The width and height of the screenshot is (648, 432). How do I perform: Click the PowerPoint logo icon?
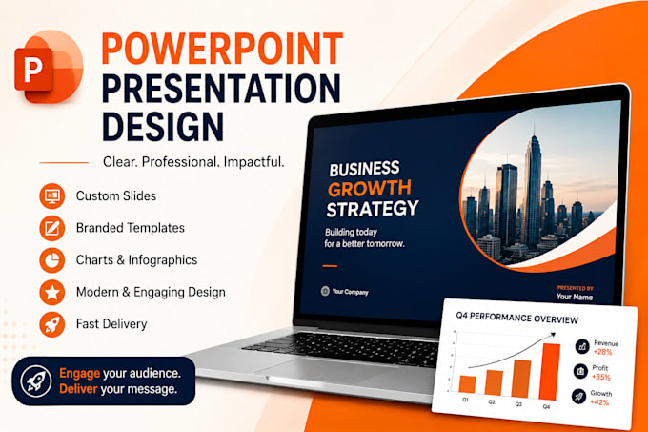click(x=49, y=66)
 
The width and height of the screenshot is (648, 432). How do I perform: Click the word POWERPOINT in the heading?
click(x=222, y=50)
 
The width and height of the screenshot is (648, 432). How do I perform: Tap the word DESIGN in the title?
click(x=162, y=126)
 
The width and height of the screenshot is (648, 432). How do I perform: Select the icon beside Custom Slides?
click(x=52, y=195)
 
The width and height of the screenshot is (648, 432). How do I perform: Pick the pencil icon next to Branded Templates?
click(x=52, y=228)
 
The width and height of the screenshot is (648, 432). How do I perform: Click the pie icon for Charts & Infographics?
click(x=52, y=260)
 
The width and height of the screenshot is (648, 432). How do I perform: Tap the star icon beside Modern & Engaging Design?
click(x=52, y=292)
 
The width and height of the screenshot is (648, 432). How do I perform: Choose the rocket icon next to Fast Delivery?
click(x=52, y=324)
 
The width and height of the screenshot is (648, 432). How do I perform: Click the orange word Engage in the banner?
click(x=80, y=373)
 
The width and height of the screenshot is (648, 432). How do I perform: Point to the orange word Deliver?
click(x=78, y=389)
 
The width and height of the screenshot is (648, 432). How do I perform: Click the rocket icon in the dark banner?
click(x=36, y=381)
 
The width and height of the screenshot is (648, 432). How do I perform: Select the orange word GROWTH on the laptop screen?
click(x=370, y=189)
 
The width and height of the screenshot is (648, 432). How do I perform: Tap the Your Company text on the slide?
click(x=350, y=292)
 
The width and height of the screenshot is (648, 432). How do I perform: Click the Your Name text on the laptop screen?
click(x=575, y=297)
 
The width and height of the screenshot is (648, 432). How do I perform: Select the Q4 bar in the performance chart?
click(x=551, y=372)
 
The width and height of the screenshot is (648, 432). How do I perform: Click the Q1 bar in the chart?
click(x=467, y=384)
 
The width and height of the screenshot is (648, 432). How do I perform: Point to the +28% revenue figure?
click(x=602, y=352)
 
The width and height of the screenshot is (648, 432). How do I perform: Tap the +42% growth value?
click(x=599, y=402)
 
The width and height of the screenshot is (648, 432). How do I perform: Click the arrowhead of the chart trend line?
click(x=553, y=335)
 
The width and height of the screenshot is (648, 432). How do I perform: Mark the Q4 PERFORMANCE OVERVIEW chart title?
click(x=517, y=318)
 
